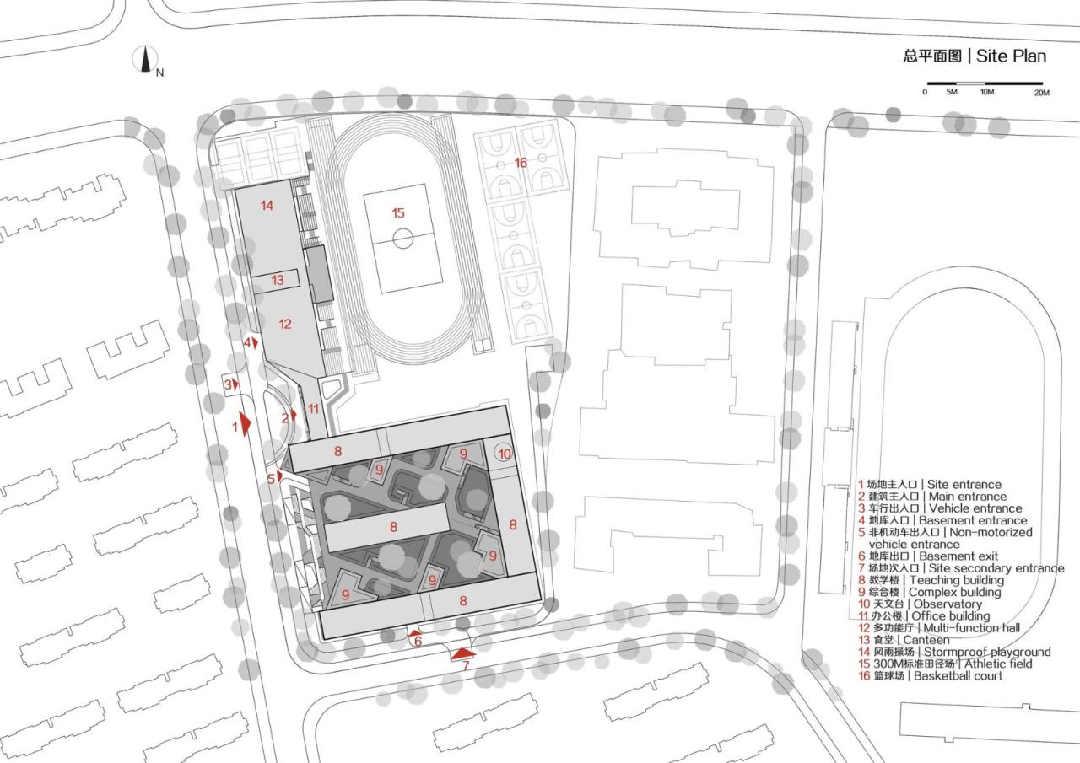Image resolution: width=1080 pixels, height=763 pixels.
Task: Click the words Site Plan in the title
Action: pyautogui.click(x=1011, y=56)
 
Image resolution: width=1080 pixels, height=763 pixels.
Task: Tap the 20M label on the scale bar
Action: pyautogui.click(x=1041, y=92)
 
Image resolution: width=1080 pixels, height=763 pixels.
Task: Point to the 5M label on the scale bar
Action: pyautogui.click(x=951, y=92)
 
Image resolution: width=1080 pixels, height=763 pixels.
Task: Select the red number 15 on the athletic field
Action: pyautogui.click(x=398, y=213)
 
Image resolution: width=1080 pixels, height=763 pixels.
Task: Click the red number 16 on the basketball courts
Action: pyautogui.click(x=521, y=162)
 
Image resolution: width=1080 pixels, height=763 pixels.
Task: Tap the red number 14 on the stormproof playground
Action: pyautogui.click(x=267, y=206)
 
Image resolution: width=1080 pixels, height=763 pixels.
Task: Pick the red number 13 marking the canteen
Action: pyautogui.click(x=278, y=280)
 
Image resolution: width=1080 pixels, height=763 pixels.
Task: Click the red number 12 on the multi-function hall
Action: pyautogui.click(x=285, y=324)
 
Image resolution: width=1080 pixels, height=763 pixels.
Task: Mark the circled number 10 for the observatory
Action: pyautogui.click(x=504, y=454)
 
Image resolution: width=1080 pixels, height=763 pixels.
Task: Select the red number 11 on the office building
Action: pyautogui.click(x=314, y=409)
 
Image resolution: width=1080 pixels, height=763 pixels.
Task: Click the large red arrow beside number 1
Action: pyautogui.click(x=246, y=423)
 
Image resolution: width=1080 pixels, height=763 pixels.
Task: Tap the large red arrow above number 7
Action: pyautogui.click(x=463, y=653)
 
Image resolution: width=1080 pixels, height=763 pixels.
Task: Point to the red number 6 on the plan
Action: pyautogui.click(x=418, y=642)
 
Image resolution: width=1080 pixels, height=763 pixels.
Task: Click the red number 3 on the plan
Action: pyautogui.click(x=228, y=384)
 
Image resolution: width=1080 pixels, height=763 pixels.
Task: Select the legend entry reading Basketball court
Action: pyautogui.click(x=958, y=676)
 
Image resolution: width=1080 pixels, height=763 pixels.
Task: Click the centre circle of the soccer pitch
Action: pyautogui.click(x=403, y=239)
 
